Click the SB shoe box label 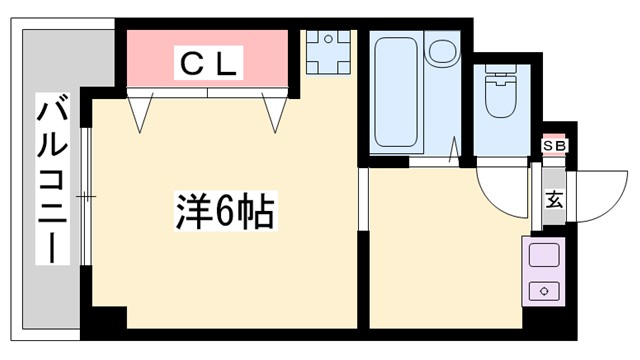[553, 146]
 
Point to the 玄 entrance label [554, 198]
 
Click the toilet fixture [496, 96]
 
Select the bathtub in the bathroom [394, 92]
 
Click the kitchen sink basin [544, 256]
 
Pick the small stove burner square [544, 291]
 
